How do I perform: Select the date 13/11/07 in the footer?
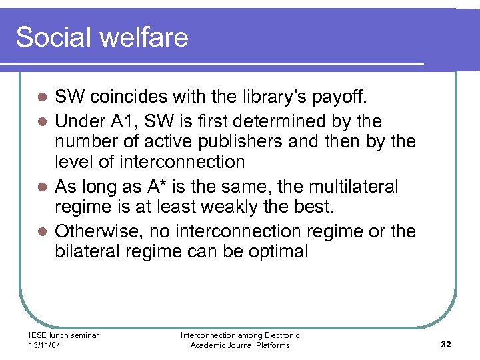(x=45, y=345)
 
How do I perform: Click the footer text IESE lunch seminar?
(x=64, y=335)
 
